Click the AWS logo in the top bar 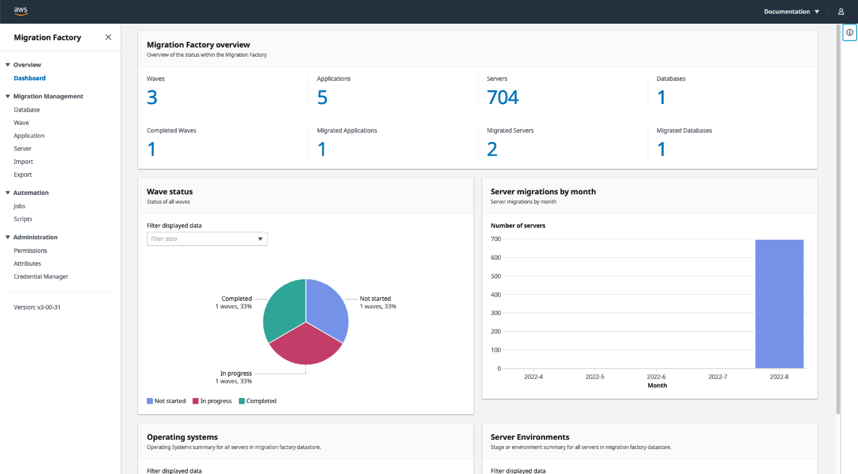point(21,11)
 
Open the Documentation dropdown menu point(791,12)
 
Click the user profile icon point(841,12)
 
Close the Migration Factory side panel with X point(108,37)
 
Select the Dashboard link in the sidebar point(30,78)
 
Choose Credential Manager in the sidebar point(41,277)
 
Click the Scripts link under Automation point(23,219)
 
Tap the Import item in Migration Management point(24,162)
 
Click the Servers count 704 point(503,98)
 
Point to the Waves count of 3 point(152,98)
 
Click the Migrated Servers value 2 point(492,149)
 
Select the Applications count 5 point(322,98)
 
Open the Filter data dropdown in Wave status point(207,239)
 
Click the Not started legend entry point(166,401)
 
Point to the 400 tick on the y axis point(496,295)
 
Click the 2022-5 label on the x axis point(595,377)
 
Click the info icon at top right point(849,32)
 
